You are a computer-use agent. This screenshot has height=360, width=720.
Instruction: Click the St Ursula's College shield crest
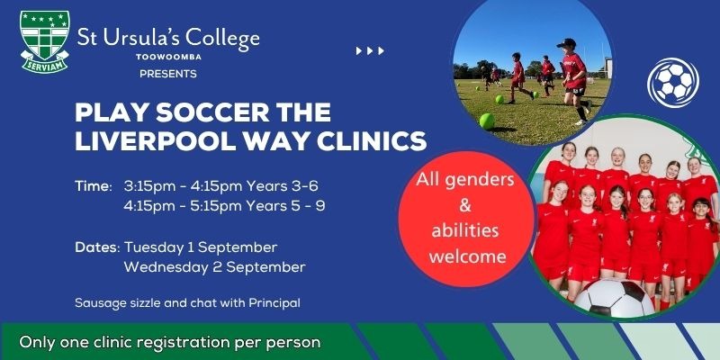point(44,41)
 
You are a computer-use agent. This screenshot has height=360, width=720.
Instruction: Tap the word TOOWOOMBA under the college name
point(169,58)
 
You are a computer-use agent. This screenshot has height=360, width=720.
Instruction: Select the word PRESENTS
point(168,74)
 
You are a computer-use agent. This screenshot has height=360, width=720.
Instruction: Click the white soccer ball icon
point(672,83)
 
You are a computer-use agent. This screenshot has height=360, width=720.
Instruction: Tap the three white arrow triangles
point(370,51)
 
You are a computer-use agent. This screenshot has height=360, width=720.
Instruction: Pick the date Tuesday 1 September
point(201,247)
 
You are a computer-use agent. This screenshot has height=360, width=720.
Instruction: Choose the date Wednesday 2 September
point(214,267)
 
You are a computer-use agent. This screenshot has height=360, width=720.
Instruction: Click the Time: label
point(94,186)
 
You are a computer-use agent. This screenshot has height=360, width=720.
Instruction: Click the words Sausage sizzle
point(106,303)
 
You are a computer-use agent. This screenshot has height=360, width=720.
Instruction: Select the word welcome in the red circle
point(467,256)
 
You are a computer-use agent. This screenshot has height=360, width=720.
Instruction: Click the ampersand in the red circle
point(465,205)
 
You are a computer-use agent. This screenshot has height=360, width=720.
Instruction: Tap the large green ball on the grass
point(487,121)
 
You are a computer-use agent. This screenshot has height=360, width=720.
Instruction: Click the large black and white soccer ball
point(614,298)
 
